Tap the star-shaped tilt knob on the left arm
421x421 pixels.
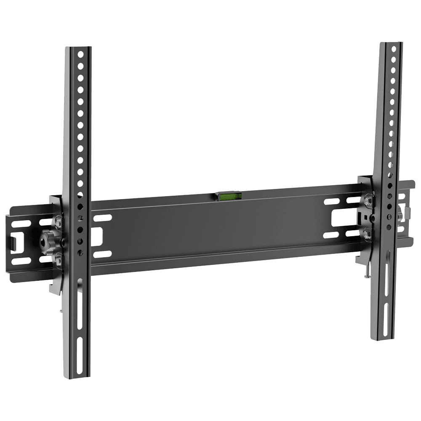tap(45, 241)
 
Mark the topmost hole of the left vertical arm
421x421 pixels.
tap(79, 55)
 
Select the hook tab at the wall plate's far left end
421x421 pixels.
tap(13, 244)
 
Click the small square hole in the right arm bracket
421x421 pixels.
tap(371, 216)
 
